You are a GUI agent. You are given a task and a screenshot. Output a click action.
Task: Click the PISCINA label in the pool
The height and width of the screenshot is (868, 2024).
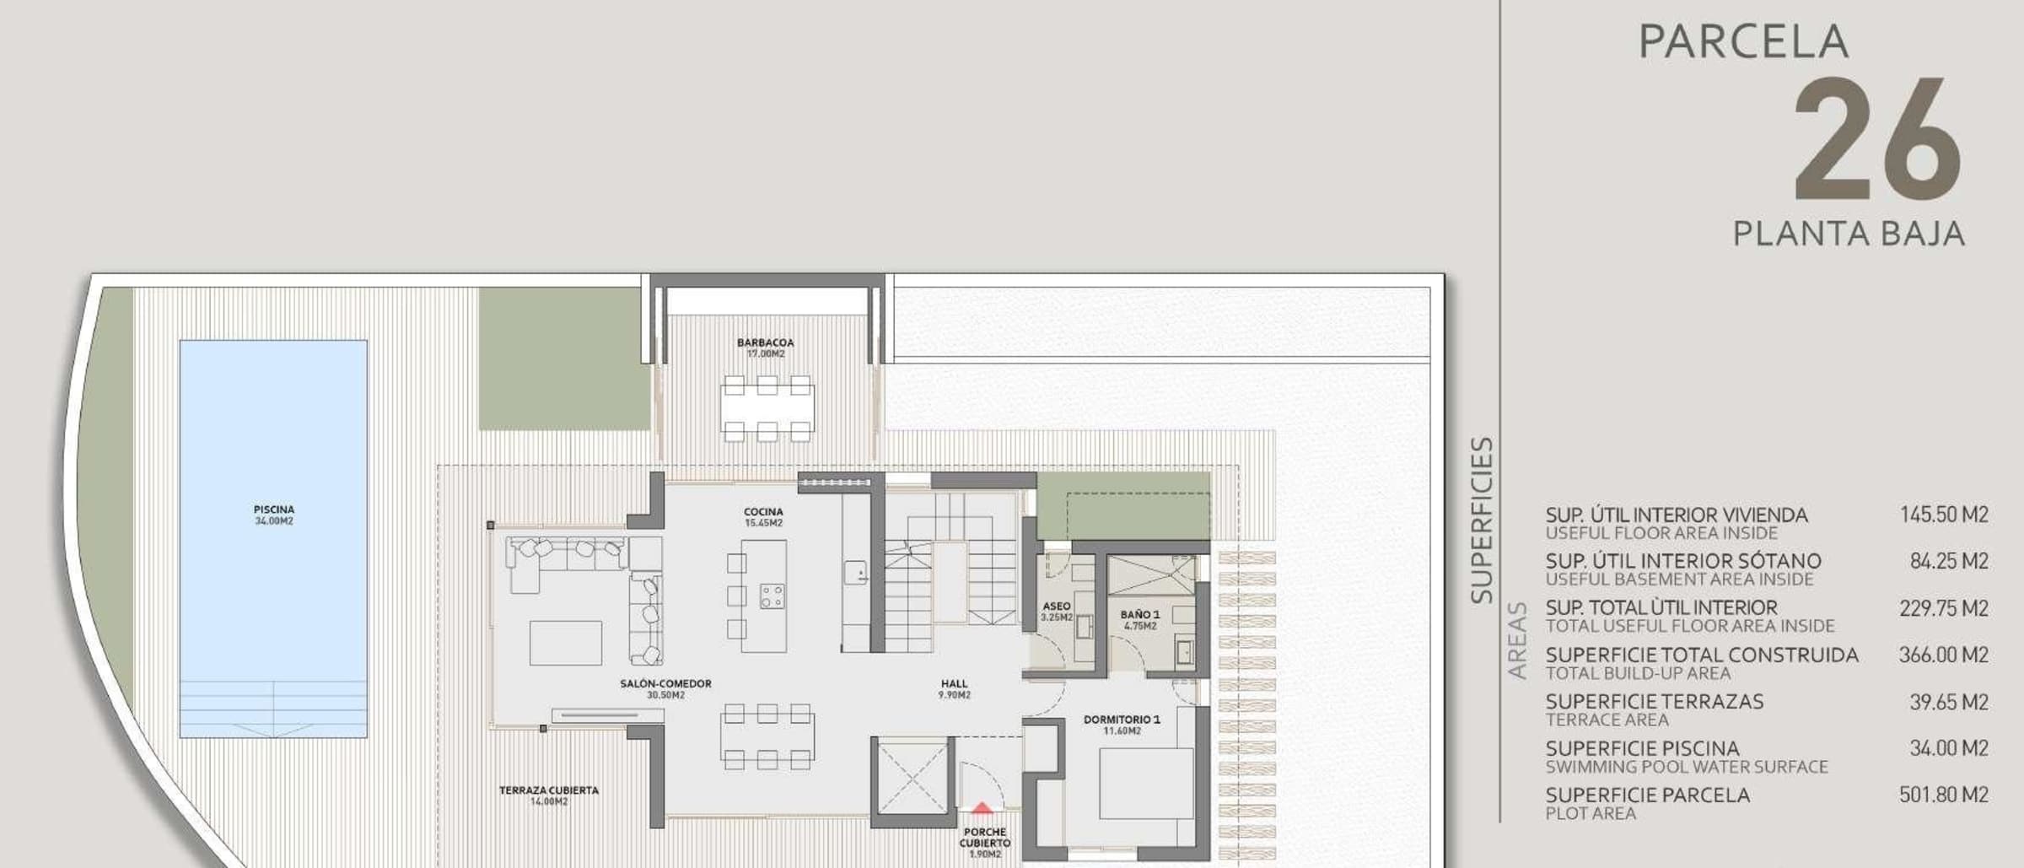coord(274,509)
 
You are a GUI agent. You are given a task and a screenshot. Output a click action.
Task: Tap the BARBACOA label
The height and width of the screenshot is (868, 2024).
coord(766,342)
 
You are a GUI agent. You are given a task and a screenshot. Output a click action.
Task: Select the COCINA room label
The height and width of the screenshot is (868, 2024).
coord(763,512)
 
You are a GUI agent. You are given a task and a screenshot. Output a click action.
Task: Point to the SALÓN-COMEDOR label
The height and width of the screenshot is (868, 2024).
coord(665,684)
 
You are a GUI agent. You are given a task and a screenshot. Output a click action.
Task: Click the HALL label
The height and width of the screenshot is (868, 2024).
coord(955,684)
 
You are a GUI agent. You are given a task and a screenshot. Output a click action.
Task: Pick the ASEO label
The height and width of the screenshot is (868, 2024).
coord(1057,607)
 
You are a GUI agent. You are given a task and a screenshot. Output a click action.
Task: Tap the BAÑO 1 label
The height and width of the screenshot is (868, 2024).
coord(1140,615)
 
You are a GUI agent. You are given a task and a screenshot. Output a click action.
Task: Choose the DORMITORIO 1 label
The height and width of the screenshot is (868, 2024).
coord(1122,720)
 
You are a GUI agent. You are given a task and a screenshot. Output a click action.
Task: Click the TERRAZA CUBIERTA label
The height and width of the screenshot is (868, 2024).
coord(549,790)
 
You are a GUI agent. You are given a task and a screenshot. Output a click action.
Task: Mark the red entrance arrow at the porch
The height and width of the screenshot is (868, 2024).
coord(982,808)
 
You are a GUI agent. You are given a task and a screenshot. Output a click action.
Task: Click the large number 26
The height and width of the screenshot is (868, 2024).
coord(1877,138)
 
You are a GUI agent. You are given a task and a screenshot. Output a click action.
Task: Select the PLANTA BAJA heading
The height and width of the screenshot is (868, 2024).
coord(1849,234)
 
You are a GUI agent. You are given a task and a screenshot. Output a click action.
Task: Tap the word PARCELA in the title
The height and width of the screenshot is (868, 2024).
coord(1743,41)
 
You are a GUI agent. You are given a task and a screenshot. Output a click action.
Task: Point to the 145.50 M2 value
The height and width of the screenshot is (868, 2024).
coord(1944,515)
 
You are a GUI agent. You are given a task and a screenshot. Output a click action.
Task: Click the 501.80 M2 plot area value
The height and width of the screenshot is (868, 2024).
coord(1944,795)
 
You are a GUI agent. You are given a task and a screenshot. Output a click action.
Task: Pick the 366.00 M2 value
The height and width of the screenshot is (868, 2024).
coord(1944,655)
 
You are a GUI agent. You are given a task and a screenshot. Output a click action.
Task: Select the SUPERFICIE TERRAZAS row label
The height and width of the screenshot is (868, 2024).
coord(1655,702)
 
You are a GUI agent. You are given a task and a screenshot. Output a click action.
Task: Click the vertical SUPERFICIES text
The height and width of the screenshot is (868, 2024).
coord(1482,520)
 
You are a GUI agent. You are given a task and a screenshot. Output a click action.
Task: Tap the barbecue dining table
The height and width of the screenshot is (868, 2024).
coord(767,408)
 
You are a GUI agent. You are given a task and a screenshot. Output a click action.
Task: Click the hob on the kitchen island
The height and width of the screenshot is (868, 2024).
coord(772,596)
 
